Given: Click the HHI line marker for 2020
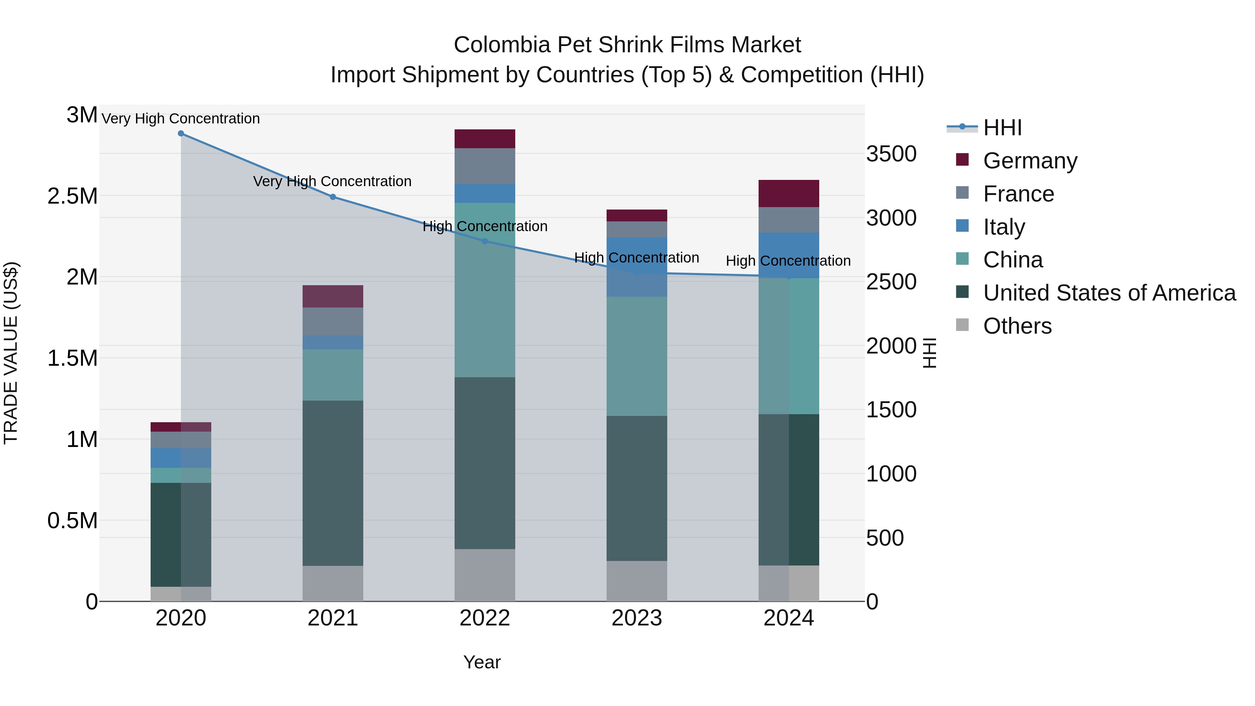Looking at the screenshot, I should tap(181, 134).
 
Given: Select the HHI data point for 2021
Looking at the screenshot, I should tap(333, 197).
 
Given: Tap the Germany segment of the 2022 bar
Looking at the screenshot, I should tap(485, 139).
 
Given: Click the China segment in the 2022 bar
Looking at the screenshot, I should tap(485, 290).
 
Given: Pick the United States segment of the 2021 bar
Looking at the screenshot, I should tap(333, 483).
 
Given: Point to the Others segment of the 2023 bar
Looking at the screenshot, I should tap(637, 581).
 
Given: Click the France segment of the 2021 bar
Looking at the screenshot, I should tap(333, 321).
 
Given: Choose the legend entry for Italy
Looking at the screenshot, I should tap(1004, 227).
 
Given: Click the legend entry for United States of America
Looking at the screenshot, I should tap(1109, 293).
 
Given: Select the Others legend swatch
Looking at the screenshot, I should tap(962, 325).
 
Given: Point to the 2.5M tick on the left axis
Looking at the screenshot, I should tap(72, 196).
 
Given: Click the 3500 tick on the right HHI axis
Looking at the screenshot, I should tap(891, 154).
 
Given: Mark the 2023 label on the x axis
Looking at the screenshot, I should tap(637, 618).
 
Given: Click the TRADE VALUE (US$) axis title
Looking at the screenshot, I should tap(11, 353).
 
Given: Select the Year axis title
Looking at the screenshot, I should tap(482, 662).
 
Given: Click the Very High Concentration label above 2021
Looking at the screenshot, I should tap(332, 181).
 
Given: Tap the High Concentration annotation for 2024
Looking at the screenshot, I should tap(788, 261).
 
